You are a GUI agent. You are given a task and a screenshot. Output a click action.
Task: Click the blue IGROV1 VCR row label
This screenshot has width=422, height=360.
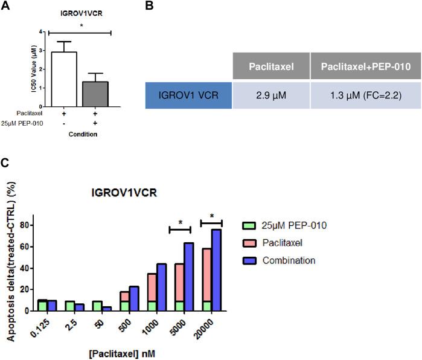[x=190, y=95]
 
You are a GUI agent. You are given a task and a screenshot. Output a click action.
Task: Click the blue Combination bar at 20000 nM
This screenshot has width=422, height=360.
[x=216, y=269]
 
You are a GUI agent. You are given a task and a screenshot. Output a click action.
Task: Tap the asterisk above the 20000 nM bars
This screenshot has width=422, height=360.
[x=211, y=216]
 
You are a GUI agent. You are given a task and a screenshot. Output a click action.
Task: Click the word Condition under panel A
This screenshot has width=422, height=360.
[x=80, y=134]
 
